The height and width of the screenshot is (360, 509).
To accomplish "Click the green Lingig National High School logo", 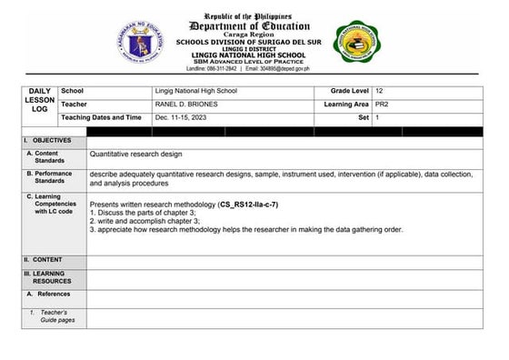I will [358, 42].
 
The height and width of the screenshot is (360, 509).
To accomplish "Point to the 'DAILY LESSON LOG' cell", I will [40, 100].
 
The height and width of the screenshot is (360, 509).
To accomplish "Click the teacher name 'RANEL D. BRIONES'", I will [186, 105].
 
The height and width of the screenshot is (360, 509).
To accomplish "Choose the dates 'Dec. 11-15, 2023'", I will [183, 117].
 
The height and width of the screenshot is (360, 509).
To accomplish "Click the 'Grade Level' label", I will [348, 92].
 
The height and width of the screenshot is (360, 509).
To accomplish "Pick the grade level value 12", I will [379, 92].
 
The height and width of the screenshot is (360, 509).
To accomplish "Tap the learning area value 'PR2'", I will [382, 105].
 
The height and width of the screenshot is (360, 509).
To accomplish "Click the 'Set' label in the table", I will [364, 117].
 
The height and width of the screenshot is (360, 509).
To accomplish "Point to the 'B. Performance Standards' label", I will [50, 176].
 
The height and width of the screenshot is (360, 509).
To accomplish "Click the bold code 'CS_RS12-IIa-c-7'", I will [248, 205].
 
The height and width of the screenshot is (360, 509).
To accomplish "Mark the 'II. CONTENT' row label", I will [43, 259].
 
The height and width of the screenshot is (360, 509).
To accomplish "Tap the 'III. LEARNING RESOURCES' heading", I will [46, 277].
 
